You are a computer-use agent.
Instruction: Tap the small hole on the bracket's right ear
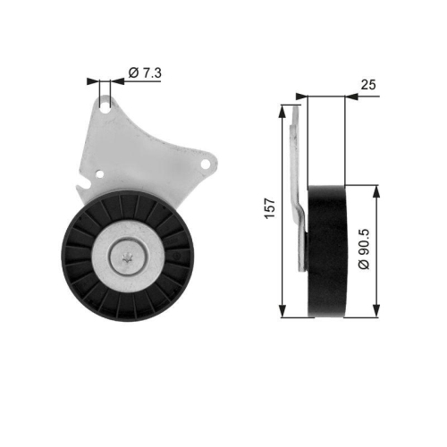pyautogui.click(x=207, y=164)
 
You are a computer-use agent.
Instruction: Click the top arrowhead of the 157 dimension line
pyautogui.click(x=283, y=106)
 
